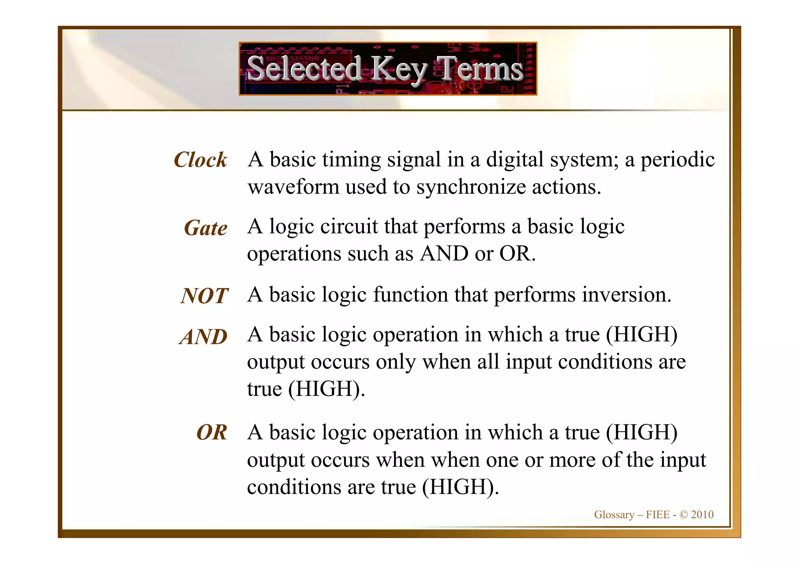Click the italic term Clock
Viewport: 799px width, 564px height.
coord(200,160)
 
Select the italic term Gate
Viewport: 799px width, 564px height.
coord(206,228)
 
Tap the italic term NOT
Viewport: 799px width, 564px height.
coord(204,296)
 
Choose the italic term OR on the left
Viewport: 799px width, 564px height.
coord(211,432)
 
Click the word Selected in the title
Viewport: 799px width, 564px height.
coord(305,69)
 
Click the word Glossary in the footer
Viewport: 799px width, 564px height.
coord(614,515)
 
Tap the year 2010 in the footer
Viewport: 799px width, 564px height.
coord(702,514)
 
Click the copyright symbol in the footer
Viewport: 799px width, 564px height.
coord(684,514)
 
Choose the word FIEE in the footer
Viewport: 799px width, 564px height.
coord(658,514)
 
